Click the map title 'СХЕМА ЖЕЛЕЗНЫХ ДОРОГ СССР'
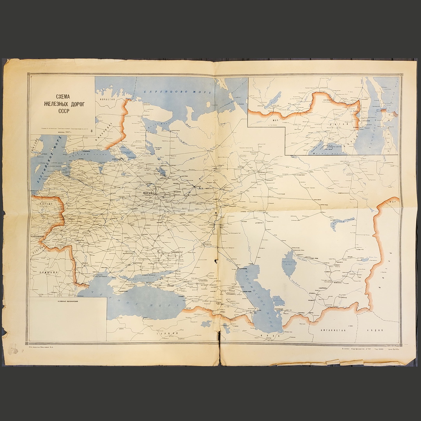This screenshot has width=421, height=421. tap(63, 104)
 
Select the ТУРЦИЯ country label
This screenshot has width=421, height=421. tap(164, 334)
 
